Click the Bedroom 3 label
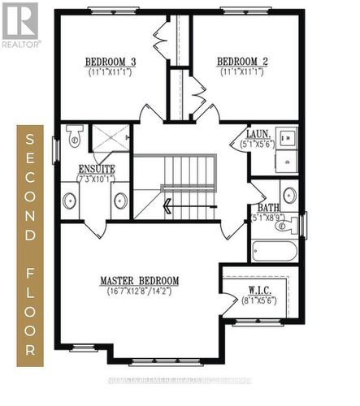coord(111,62)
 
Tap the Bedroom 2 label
coord(242,62)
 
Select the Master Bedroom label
coord(139,281)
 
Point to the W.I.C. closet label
coord(259,291)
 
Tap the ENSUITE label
coord(97,169)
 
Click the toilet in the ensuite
coord(74,137)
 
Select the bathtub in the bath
coord(274,250)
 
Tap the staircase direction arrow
coord(167,206)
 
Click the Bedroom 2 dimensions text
coord(242,72)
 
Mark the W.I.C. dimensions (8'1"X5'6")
coord(260,300)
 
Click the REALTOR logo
coord(20,24)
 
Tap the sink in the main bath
coord(288,195)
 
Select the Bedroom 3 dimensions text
coord(111,72)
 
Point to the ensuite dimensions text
coord(97,179)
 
